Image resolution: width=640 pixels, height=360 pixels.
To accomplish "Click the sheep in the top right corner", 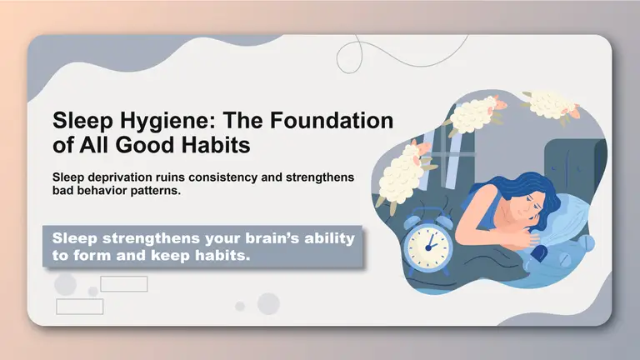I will (550, 103).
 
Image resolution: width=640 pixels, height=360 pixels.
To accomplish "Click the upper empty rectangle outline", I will (123, 284).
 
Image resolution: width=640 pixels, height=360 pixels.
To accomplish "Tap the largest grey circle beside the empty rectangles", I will (66, 285).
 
